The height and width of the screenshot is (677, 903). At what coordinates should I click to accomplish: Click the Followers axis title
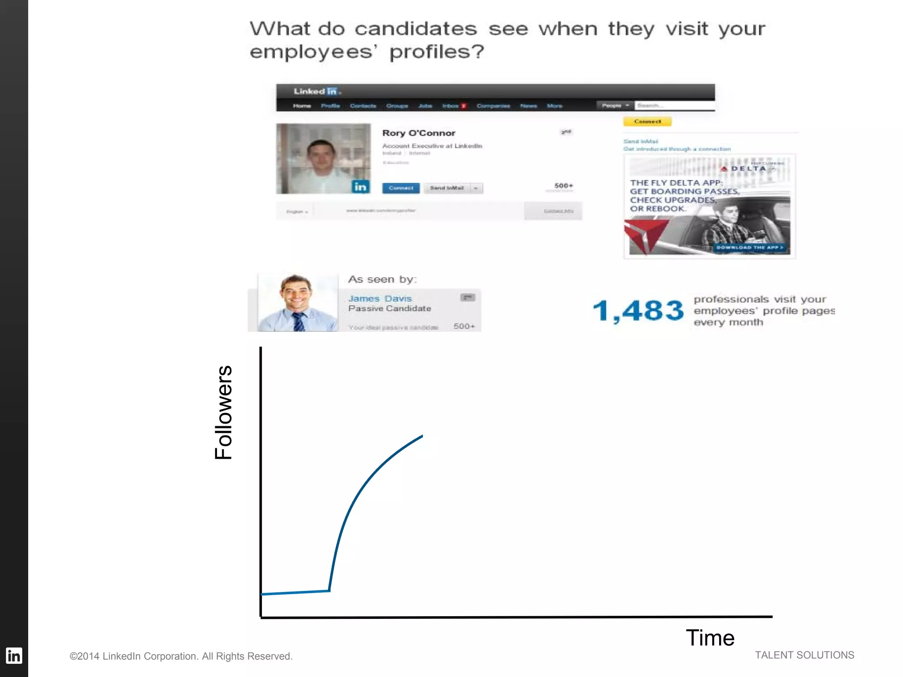tap(224, 413)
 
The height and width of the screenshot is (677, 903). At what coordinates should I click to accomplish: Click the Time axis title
tap(710, 638)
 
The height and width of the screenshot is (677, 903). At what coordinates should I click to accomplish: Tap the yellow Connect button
tap(647, 122)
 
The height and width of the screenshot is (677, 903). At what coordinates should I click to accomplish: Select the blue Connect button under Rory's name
tap(401, 188)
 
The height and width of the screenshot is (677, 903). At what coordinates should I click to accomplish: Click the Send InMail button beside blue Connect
tap(447, 188)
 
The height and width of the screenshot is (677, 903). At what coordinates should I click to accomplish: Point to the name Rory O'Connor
tap(418, 133)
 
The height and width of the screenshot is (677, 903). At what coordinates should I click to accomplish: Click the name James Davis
tap(380, 298)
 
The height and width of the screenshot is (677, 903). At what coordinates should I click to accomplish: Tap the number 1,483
tap(638, 310)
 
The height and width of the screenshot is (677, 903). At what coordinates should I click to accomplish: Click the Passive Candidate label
tap(390, 309)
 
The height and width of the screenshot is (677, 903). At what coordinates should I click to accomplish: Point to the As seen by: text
tap(382, 279)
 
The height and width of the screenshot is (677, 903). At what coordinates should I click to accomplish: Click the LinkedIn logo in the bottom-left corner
tap(14, 655)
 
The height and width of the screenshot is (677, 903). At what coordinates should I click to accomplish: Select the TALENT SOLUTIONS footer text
tap(804, 655)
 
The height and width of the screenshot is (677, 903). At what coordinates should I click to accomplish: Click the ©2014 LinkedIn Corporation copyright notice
tap(181, 656)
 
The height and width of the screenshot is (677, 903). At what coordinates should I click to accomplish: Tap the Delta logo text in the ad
tap(748, 169)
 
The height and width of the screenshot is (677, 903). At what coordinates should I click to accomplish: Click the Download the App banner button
tap(749, 248)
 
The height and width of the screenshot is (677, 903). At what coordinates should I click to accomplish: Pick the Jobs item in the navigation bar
tap(425, 106)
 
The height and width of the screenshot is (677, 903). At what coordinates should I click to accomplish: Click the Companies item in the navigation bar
tap(493, 106)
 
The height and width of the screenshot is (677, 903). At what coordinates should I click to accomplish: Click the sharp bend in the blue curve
tap(329, 590)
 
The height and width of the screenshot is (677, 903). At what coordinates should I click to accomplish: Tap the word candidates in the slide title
tap(416, 29)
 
